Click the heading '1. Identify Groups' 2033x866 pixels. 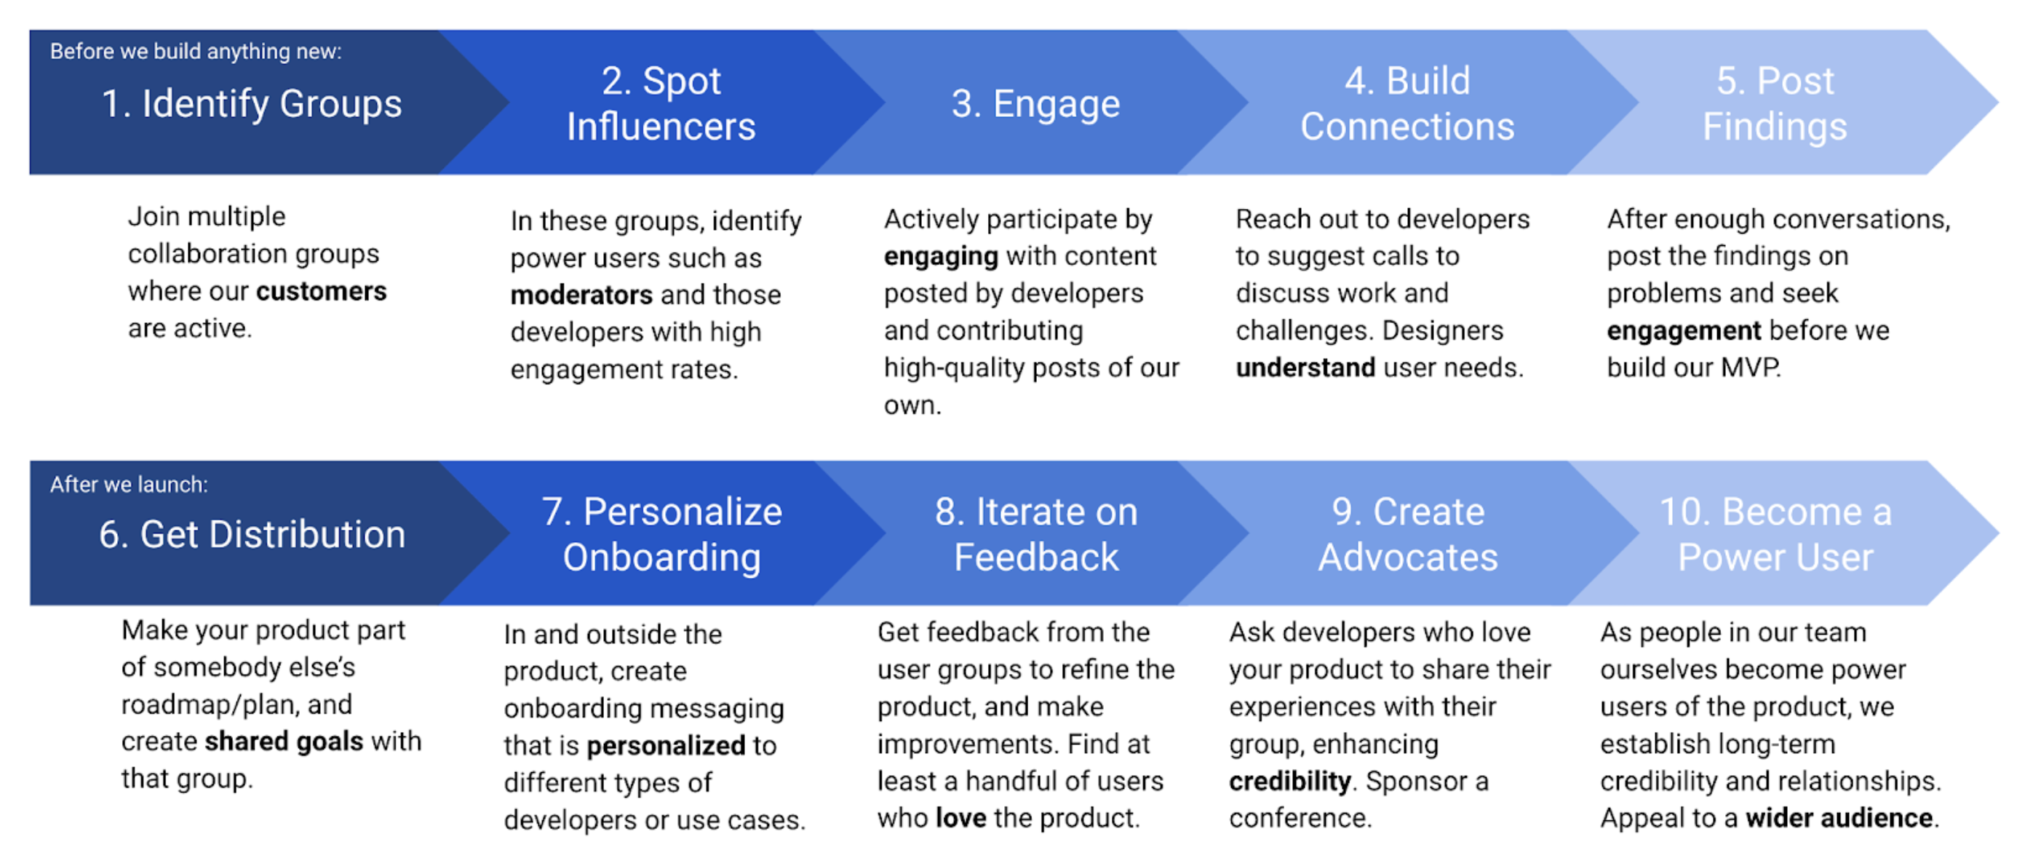click(x=252, y=103)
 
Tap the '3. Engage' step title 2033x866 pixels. click(x=1035, y=103)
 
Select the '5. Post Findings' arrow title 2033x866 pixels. click(x=1774, y=103)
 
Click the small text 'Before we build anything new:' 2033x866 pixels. click(x=196, y=52)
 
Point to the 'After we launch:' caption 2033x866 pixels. click(x=130, y=484)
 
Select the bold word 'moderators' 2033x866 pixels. click(x=581, y=295)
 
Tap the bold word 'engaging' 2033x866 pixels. click(x=941, y=257)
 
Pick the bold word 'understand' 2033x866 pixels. click(x=1305, y=368)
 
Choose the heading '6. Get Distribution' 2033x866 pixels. click(x=252, y=534)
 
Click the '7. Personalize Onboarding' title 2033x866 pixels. click(x=661, y=534)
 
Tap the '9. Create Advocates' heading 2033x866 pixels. click(x=1407, y=534)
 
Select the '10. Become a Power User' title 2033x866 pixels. click(x=1774, y=534)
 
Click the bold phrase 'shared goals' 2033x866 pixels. click(x=284, y=742)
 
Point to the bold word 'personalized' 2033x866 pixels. click(x=666, y=745)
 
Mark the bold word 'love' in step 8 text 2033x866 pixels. click(x=960, y=818)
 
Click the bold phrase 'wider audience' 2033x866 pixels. click(x=1839, y=818)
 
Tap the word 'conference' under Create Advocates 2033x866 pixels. click(x=1298, y=818)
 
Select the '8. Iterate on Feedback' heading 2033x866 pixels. click(x=1035, y=534)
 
